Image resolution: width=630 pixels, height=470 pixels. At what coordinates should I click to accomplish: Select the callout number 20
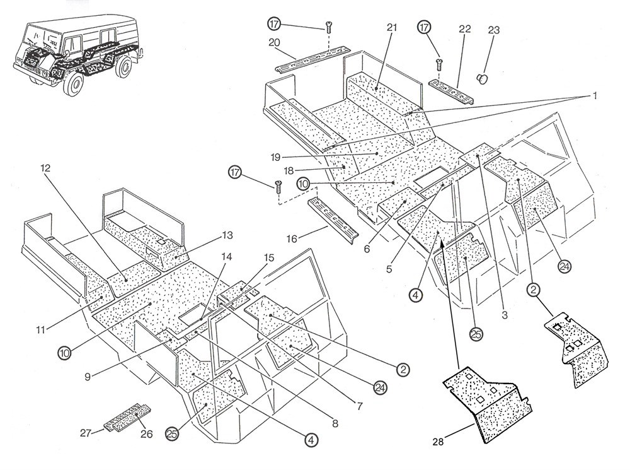(274, 42)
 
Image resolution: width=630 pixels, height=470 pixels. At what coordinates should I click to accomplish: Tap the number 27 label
(86, 432)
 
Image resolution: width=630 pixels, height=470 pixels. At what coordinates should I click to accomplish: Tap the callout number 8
(335, 424)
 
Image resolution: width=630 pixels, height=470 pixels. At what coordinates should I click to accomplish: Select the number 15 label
(269, 257)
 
